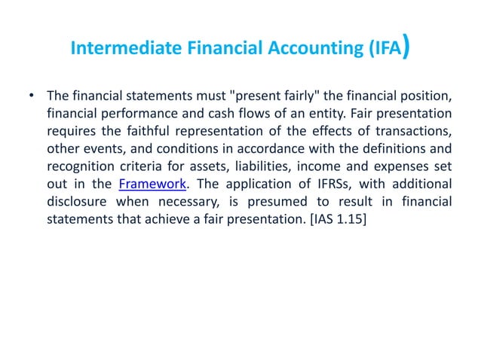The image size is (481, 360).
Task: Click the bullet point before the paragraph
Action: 31,96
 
